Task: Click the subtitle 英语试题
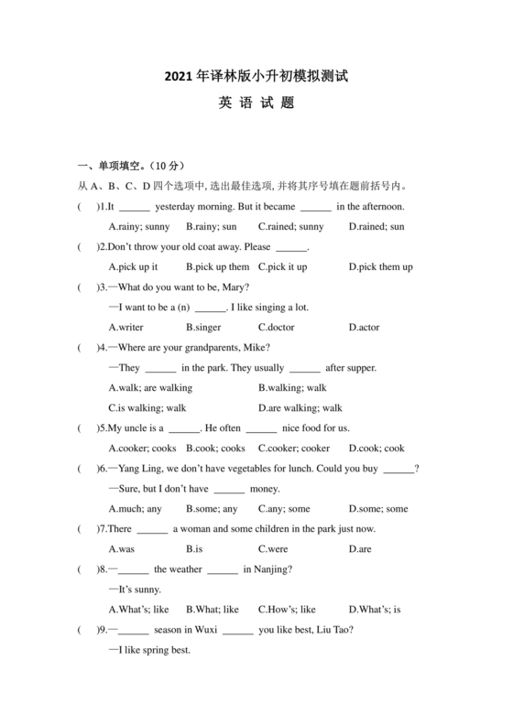coord(256,103)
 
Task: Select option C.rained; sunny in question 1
coord(290,227)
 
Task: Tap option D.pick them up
coord(380,267)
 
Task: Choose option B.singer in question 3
coord(205,328)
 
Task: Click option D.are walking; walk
coord(300,408)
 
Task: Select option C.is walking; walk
coord(147,408)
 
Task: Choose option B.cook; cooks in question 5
coord(215,449)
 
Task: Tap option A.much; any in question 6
coord(135,509)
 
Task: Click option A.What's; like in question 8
coord(138,610)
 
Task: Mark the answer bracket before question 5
coord(88,428)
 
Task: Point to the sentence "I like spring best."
coord(153,650)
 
